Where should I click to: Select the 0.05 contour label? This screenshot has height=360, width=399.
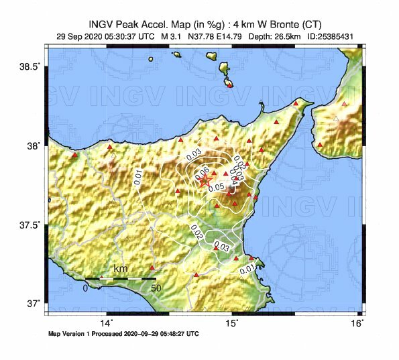click(216, 187)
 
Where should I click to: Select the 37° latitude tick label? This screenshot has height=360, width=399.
click(34, 303)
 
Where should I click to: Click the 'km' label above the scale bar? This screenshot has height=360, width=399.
click(121, 269)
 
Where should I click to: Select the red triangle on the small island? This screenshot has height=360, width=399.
click(230, 84)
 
